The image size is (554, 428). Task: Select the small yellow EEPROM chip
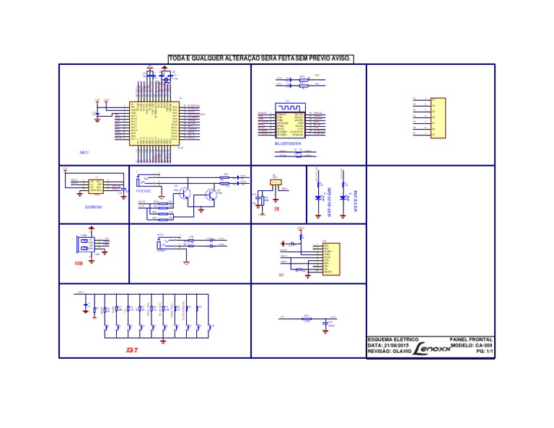tap(95, 187)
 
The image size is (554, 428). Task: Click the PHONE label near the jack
tap(144, 191)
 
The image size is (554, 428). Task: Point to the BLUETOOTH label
tap(290, 143)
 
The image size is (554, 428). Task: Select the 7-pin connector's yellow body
tap(437, 117)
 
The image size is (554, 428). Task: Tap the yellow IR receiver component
tap(275, 183)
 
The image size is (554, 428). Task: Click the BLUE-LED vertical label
tap(355, 201)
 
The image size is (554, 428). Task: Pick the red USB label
tap(79, 264)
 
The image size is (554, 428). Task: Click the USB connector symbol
tap(84, 245)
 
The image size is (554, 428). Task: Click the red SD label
tap(281, 275)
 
